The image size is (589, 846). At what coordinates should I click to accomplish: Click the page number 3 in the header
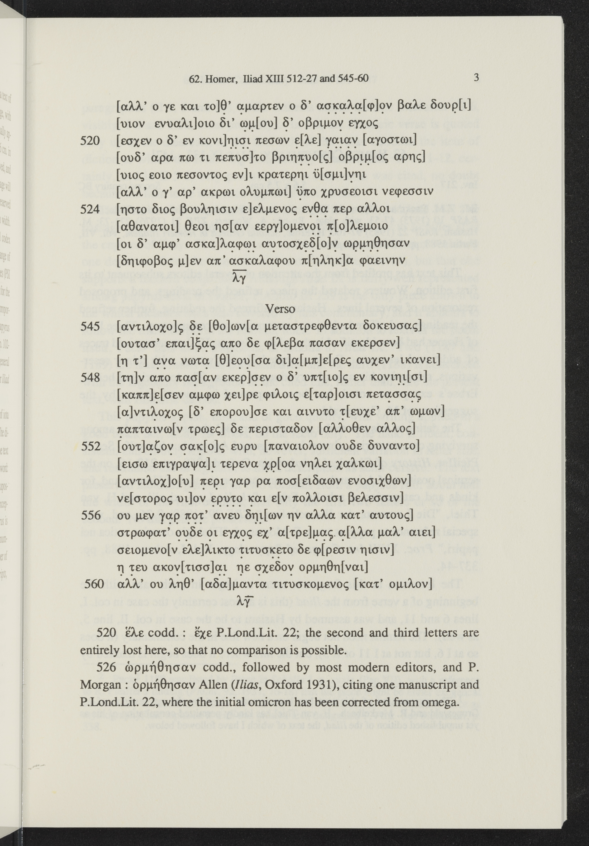[476, 78]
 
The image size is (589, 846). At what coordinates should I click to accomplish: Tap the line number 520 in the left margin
[90, 140]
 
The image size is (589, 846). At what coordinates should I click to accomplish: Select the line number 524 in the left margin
[90, 209]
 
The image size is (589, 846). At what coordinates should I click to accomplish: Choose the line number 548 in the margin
[90, 378]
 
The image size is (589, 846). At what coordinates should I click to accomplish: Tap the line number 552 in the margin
[90, 446]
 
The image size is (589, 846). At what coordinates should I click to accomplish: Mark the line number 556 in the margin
[90, 515]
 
